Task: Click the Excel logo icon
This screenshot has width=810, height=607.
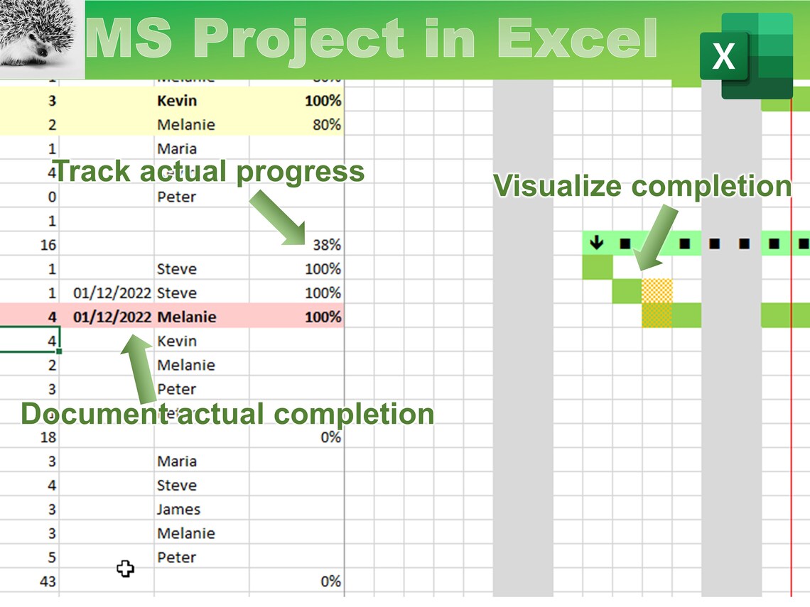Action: click(x=746, y=55)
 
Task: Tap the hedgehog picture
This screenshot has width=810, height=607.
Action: click(x=41, y=40)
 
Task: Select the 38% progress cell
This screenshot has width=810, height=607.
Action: click(x=326, y=245)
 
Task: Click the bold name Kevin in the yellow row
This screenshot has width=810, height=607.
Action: click(x=177, y=101)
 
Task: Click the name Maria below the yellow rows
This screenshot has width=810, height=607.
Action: click(x=177, y=149)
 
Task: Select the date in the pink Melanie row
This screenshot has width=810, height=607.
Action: click(x=112, y=317)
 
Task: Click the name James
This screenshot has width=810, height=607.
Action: click(x=178, y=510)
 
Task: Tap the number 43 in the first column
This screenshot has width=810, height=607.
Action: click(x=48, y=581)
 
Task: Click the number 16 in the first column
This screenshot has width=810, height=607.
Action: click(x=48, y=245)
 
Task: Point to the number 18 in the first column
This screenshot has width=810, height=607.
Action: click(x=48, y=437)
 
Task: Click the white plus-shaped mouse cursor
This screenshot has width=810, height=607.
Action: click(x=125, y=568)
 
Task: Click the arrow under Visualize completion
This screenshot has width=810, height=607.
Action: click(x=653, y=238)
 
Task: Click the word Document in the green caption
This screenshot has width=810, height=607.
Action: click(x=92, y=413)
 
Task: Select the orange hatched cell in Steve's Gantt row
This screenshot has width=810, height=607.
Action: click(x=657, y=292)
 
